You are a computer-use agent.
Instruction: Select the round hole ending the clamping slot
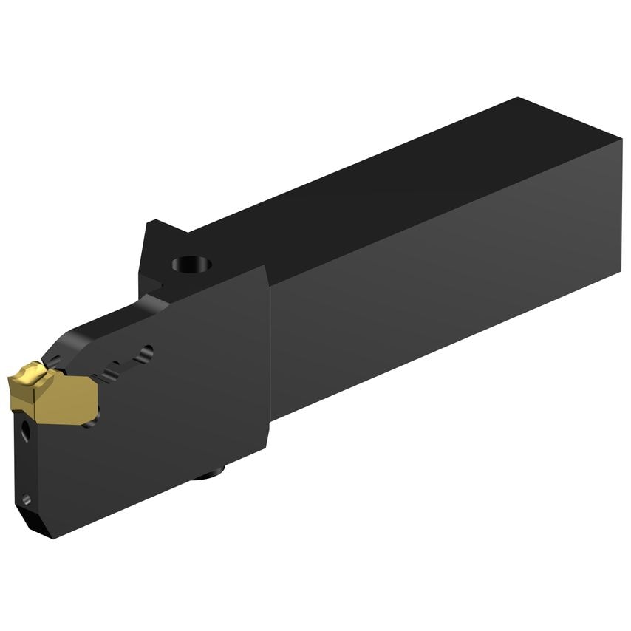pyautogui.click(x=147, y=352)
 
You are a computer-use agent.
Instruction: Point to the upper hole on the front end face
pyautogui.click(x=25, y=431)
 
